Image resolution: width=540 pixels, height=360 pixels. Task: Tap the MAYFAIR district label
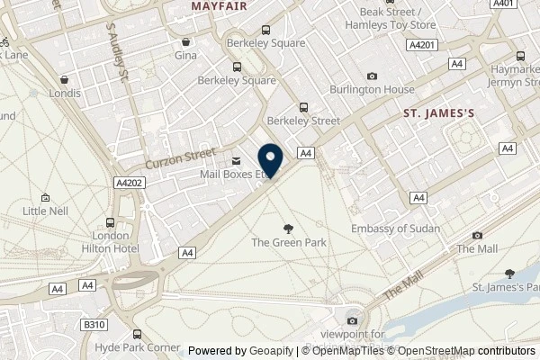(x=220, y=5)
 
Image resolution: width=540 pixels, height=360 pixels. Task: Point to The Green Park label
(x=288, y=242)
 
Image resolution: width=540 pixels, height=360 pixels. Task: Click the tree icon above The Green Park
(x=288, y=229)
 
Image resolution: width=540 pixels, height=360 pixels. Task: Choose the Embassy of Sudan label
(x=395, y=229)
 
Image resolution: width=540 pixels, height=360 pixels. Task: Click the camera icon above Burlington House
(x=373, y=76)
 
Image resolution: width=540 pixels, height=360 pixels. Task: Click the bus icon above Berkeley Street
(x=303, y=105)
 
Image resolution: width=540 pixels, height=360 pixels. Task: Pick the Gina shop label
(x=186, y=56)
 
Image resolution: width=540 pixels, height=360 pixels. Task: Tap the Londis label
(x=66, y=93)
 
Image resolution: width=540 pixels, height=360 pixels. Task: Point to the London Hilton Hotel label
(x=111, y=241)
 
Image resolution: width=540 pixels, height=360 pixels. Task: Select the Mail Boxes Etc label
(x=232, y=175)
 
